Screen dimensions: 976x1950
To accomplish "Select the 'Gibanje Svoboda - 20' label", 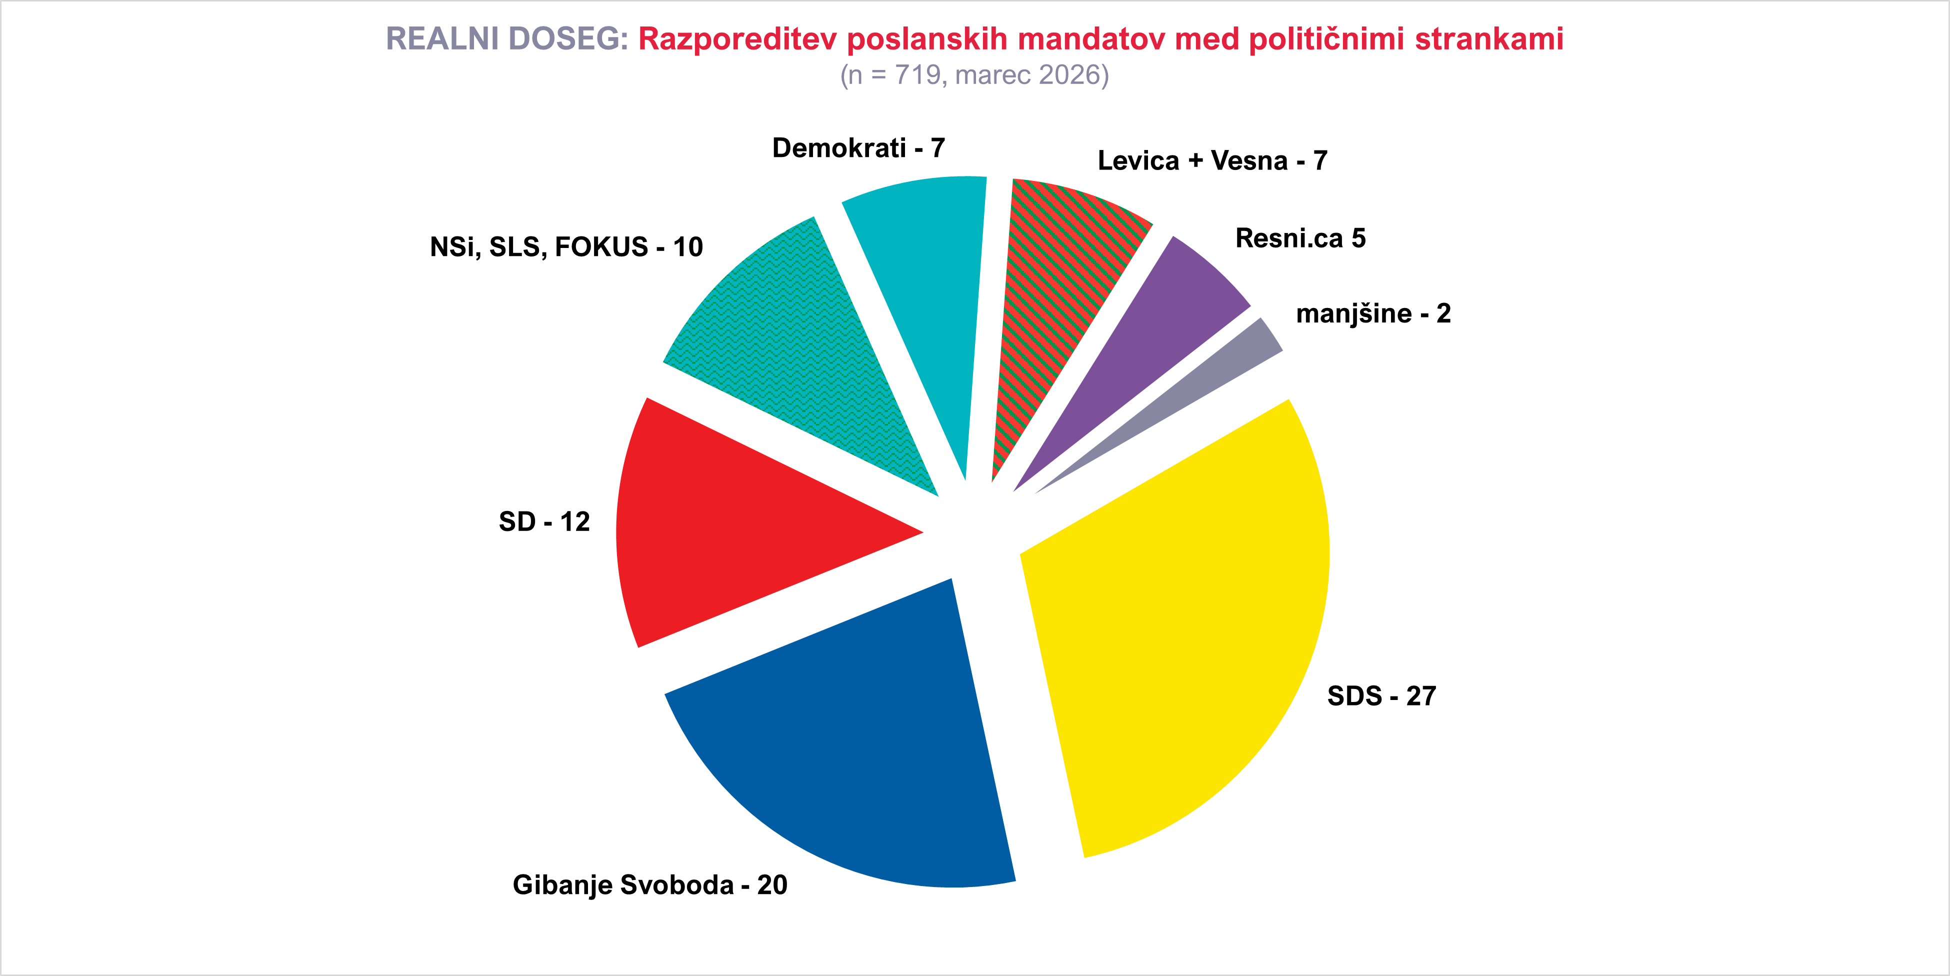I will coord(649,884).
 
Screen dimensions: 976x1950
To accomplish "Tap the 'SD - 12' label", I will coord(543,521).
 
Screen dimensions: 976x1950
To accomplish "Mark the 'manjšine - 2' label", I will coord(1373,312).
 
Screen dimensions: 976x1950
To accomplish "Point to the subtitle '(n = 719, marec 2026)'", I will coord(974,75).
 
